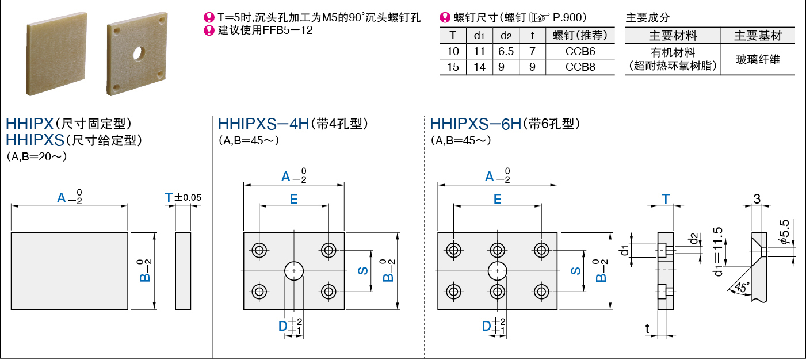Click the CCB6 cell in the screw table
tap(580, 51)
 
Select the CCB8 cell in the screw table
tap(580, 67)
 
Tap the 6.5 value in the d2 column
tap(506, 51)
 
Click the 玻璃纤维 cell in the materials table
tap(758, 59)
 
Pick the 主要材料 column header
tap(673, 36)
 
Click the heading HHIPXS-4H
tap(263, 124)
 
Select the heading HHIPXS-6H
tap(475, 124)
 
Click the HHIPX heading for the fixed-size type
tap(29, 124)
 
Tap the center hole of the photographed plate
tap(139, 54)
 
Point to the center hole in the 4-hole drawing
tap(294, 270)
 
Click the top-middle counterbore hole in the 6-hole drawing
tap(497, 250)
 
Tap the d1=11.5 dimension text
tap(717, 251)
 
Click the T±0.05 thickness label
tap(183, 198)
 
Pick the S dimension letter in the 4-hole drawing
tap(364, 270)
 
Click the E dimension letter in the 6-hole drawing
tap(497, 199)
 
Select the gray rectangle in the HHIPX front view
tap(69, 271)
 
